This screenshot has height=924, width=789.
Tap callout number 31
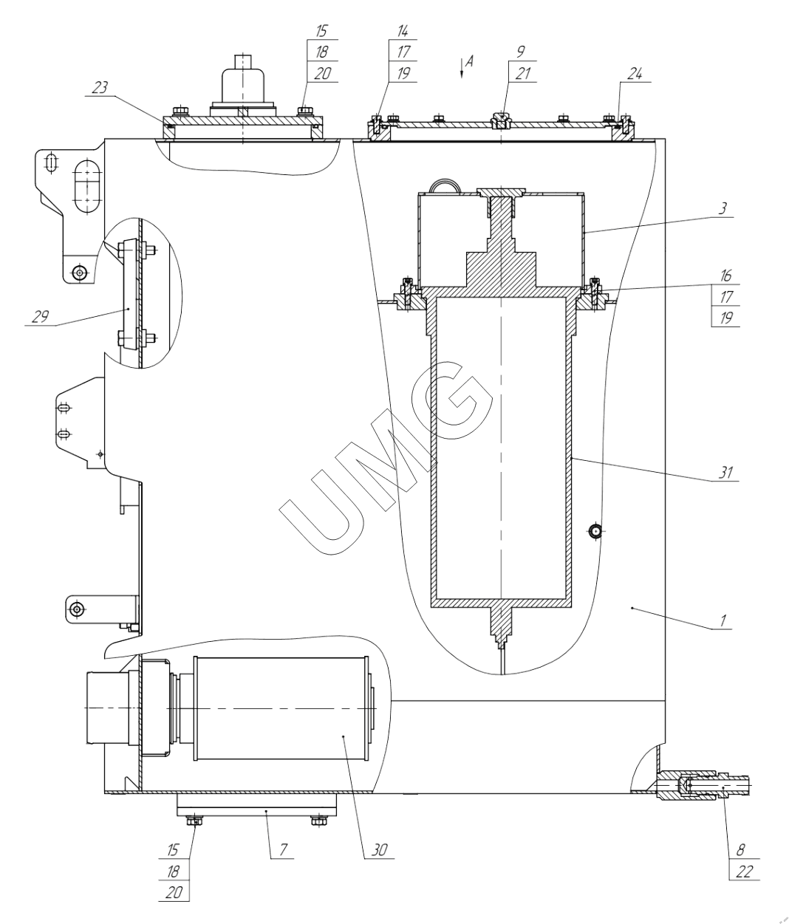727,472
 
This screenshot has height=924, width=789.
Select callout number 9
522,53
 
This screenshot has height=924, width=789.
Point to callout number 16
726,276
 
